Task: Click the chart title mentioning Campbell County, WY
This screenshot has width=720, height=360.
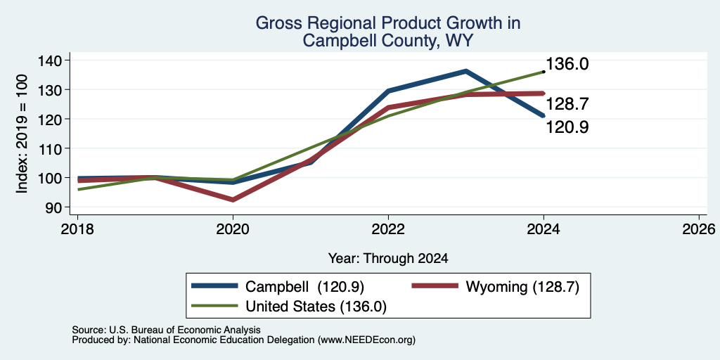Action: (x=388, y=32)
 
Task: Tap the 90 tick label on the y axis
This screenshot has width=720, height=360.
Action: (x=52, y=207)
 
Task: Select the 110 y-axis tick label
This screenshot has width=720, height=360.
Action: (x=48, y=148)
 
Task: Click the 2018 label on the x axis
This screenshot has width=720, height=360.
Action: (x=77, y=229)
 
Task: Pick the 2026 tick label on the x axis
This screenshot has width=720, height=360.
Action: (x=699, y=229)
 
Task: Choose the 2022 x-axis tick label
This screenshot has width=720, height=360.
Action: (x=388, y=229)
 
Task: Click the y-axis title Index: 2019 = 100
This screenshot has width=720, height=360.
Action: (x=22, y=134)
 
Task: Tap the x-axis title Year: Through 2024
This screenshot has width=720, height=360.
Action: (x=388, y=259)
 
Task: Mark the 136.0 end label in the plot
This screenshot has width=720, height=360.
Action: (x=567, y=64)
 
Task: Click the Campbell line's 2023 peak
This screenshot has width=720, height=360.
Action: (x=465, y=71)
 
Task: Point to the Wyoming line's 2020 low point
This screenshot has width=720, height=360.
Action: (x=233, y=200)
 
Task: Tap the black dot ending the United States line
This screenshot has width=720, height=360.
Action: (x=544, y=72)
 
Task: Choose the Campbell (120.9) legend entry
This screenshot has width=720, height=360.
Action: (x=278, y=287)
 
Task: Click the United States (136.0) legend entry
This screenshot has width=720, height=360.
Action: (x=289, y=307)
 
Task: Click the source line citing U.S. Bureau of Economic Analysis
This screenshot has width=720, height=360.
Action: (x=166, y=330)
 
